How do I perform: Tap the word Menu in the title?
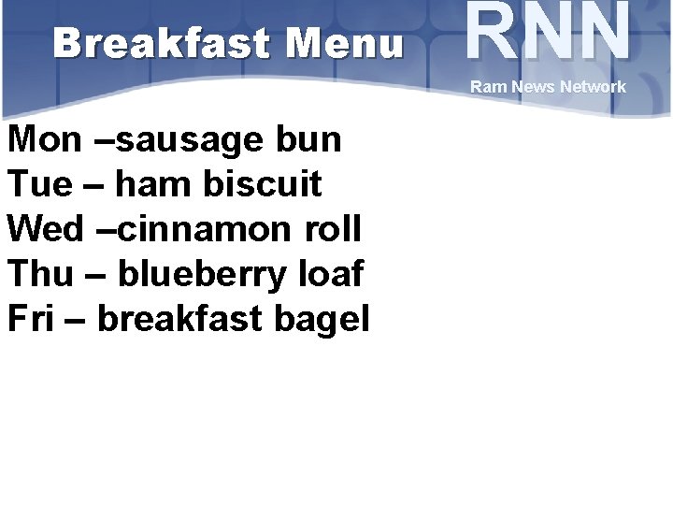[x=344, y=43]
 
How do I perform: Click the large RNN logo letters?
[x=548, y=34]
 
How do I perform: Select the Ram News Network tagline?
[x=548, y=87]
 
